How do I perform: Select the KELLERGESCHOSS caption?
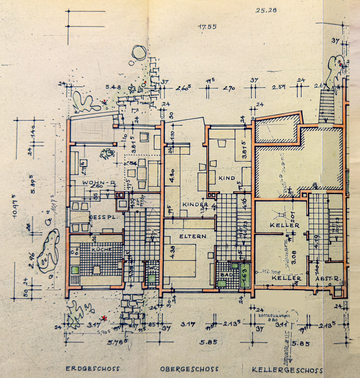[285, 369]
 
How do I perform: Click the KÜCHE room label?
[100, 249]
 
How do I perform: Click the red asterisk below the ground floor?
[103, 318]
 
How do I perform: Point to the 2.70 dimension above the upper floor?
[228, 89]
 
